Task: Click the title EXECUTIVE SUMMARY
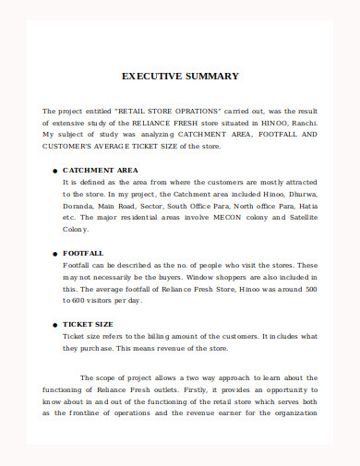click(x=180, y=77)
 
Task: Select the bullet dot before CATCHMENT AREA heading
click(x=54, y=171)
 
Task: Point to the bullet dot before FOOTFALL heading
click(x=54, y=253)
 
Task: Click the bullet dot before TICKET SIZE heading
click(x=54, y=325)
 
